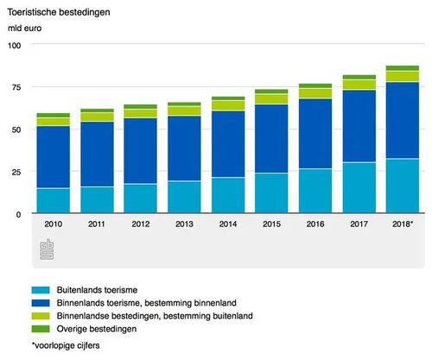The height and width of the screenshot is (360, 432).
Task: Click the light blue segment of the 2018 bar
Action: click(403, 186)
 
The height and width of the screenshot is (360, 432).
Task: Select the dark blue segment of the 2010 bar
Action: click(53, 157)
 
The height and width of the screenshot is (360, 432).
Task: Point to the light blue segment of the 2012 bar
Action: click(141, 198)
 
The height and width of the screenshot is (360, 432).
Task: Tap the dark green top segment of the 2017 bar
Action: click(359, 77)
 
